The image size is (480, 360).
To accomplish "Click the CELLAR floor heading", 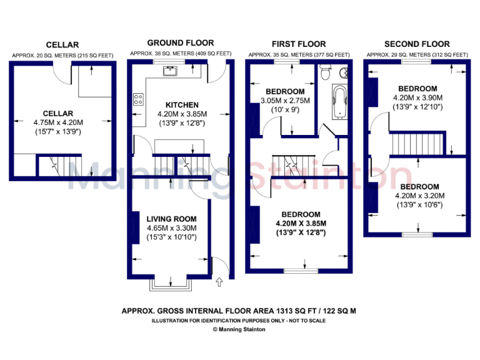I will pyautogui.click(x=62, y=44).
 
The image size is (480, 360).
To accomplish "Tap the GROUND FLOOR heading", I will pyautogui.click(x=171, y=43).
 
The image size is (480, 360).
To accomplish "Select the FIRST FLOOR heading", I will pyautogui.click(x=298, y=44).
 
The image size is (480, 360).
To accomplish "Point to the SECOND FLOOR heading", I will pyautogui.click(x=416, y=44).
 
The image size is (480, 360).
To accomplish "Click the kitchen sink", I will pyautogui.click(x=170, y=71).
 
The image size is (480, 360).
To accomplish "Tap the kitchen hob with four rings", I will pyautogui.click(x=139, y=99).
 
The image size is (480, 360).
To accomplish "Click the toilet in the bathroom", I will pyautogui.click(x=324, y=73).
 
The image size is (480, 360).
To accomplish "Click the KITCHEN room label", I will pyautogui.click(x=182, y=104).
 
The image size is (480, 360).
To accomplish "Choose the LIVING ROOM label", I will pyautogui.click(x=171, y=219).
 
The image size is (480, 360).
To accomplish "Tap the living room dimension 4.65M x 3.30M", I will pyautogui.click(x=171, y=227).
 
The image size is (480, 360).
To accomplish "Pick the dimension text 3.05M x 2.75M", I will pyautogui.click(x=284, y=101).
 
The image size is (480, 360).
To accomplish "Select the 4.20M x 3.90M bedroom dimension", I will pyautogui.click(x=417, y=98).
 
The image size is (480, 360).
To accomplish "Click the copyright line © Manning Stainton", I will pyautogui.click(x=239, y=329).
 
